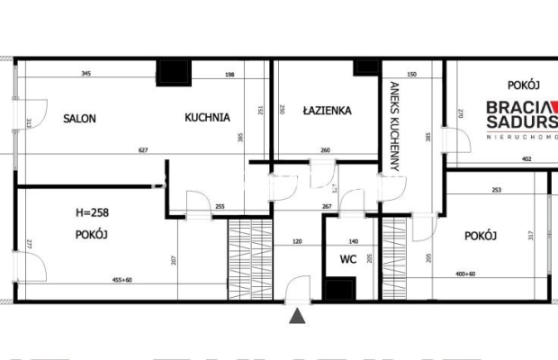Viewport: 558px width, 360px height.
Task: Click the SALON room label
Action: coord(79,118)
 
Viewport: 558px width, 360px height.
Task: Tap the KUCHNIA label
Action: coord(208,117)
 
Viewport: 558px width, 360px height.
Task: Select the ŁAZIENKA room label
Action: coord(327,112)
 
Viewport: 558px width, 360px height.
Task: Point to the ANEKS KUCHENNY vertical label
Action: coord(394,126)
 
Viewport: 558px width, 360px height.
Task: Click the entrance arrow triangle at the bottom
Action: coord(296,315)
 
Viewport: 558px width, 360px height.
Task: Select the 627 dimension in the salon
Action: coord(143,150)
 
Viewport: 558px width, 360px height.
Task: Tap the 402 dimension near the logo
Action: coord(527,160)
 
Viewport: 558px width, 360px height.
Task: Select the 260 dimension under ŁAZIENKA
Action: coord(326,150)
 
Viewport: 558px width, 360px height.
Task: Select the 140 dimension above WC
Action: coord(353,242)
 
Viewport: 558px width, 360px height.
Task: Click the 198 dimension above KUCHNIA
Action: coord(229,74)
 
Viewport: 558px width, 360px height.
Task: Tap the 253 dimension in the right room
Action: coord(496,190)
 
